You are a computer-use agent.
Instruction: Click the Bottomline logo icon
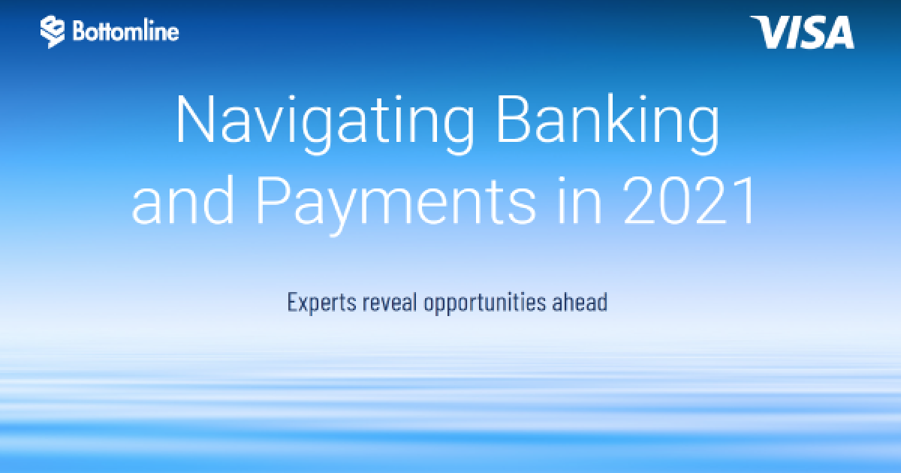pos(53,32)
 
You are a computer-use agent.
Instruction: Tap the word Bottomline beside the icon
pos(125,31)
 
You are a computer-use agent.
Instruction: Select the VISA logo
pos(803,32)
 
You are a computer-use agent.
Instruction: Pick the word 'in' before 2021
pos(579,200)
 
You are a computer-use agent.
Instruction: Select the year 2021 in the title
pos(689,200)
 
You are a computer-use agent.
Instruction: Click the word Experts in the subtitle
pos(322,303)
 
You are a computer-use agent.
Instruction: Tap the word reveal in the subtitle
pos(390,302)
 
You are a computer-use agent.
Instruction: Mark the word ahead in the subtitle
pos(580,302)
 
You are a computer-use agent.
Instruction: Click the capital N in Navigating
pos(195,119)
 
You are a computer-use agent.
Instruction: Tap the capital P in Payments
pos(271,200)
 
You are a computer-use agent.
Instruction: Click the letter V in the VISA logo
pos(770,32)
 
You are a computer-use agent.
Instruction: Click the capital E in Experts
pos(292,302)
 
